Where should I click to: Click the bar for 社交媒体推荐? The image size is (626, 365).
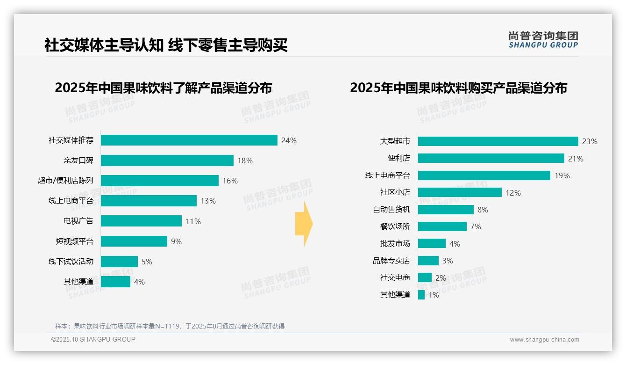(189, 140)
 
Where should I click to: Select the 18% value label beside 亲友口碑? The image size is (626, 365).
(245, 161)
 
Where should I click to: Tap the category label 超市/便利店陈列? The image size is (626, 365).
(65, 181)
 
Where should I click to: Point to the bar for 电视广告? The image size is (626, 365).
(141, 221)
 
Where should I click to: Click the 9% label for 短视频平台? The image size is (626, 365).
(176, 241)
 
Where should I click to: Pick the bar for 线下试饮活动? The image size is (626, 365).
(119, 262)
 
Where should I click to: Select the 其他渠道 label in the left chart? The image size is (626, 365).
(78, 282)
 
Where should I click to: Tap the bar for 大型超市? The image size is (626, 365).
(498, 141)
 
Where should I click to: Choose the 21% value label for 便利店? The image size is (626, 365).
(576, 159)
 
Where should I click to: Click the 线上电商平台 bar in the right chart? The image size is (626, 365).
(484, 175)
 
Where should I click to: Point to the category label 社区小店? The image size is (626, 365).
(395, 192)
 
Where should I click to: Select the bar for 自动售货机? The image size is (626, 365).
(446, 210)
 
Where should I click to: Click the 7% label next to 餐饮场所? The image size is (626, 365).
(476, 226)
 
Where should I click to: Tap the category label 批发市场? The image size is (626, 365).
(395, 243)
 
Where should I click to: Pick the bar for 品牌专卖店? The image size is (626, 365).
(428, 261)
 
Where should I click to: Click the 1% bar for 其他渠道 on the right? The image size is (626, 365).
(421, 295)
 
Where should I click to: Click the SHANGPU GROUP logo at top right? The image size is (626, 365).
(543, 40)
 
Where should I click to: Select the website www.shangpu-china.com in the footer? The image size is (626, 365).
(544, 340)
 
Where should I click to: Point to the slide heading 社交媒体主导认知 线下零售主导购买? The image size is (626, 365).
(166, 45)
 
